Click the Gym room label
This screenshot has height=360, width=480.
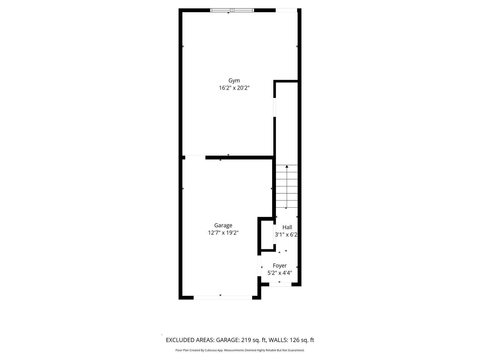(x=234, y=80)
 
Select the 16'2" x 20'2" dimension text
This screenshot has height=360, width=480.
(x=234, y=88)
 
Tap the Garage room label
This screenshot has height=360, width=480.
(x=223, y=225)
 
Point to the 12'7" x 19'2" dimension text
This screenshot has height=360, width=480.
(x=223, y=233)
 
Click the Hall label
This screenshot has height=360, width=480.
(x=287, y=227)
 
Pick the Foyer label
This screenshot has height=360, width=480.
(x=279, y=265)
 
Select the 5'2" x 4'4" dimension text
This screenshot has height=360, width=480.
(x=279, y=273)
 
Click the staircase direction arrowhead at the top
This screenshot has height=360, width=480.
(x=287, y=166)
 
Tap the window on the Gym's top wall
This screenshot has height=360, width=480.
(x=232, y=10)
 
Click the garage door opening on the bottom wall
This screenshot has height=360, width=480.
(x=223, y=298)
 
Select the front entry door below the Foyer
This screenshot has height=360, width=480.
(x=280, y=284)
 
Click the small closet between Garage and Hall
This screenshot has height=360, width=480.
(x=267, y=235)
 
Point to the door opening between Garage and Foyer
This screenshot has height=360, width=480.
(x=259, y=265)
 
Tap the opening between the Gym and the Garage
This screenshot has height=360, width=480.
(x=195, y=157)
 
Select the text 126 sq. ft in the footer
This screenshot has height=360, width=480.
(x=302, y=340)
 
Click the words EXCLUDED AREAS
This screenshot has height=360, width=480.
(x=190, y=340)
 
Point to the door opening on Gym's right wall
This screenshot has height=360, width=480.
(x=274, y=107)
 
